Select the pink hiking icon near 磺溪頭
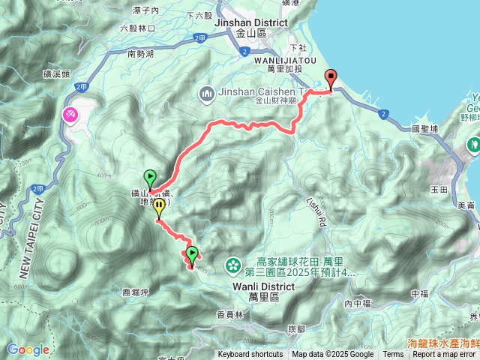pyautogui.click(x=70, y=114)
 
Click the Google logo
pyautogui.click(x=28, y=349)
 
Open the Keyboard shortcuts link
pyautogui.click(x=250, y=355)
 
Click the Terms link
pyautogui.click(x=393, y=355)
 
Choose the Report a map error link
pyautogui.click(x=444, y=355)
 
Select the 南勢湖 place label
pyautogui.click(x=140, y=54)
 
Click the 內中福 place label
pyautogui.click(x=358, y=303)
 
